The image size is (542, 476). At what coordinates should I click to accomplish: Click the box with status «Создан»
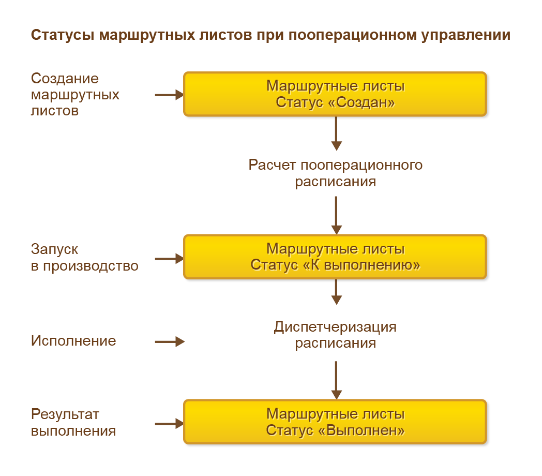pos(335,94)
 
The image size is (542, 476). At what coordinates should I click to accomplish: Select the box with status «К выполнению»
pos(335,257)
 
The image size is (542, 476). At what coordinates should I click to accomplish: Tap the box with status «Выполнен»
pos(335,422)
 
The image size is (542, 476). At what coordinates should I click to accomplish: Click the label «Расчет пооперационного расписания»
pos(336,173)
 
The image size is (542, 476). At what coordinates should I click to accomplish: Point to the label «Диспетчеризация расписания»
pos(336,335)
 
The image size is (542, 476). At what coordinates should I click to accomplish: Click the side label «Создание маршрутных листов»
pos(75,94)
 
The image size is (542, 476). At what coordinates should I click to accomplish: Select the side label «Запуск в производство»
pos(84,257)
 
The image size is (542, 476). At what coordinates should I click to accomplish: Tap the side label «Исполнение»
pos(73,341)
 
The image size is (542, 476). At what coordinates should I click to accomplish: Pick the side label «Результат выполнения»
pos(73,423)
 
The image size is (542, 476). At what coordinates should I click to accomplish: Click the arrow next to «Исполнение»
pos(170,341)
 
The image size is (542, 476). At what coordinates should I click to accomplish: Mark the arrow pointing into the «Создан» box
pos(170,95)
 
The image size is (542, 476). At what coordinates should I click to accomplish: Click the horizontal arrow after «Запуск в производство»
pos(170,258)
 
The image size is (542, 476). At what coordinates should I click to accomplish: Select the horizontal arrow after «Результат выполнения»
pos(170,424)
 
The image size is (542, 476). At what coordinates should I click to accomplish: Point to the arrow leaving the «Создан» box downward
pos(337,133)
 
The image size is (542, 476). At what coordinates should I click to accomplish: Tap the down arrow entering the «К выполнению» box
pos(337,215)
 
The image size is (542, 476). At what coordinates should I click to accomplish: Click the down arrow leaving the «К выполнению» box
pos(337,292)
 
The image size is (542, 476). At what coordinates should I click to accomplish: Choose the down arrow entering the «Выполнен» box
pos(337,380)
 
